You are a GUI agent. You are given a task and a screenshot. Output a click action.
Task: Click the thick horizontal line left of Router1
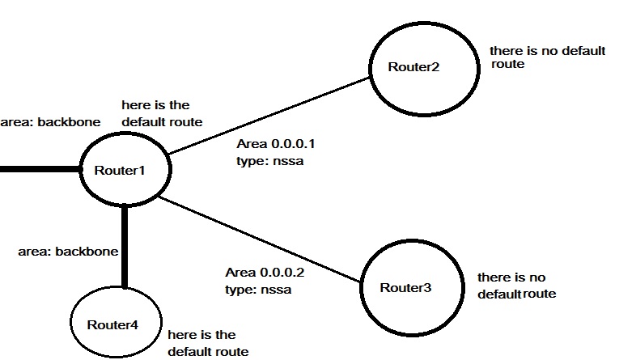coord(40,171)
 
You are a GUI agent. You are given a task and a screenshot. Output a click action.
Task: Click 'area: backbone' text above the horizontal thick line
coord(50,122)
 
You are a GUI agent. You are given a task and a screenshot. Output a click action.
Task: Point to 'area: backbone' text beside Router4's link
coord(68,252)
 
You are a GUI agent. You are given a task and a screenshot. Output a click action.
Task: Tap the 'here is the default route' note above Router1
coord(161,113)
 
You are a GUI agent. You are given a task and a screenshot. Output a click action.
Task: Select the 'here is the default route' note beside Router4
coord(207,343)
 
